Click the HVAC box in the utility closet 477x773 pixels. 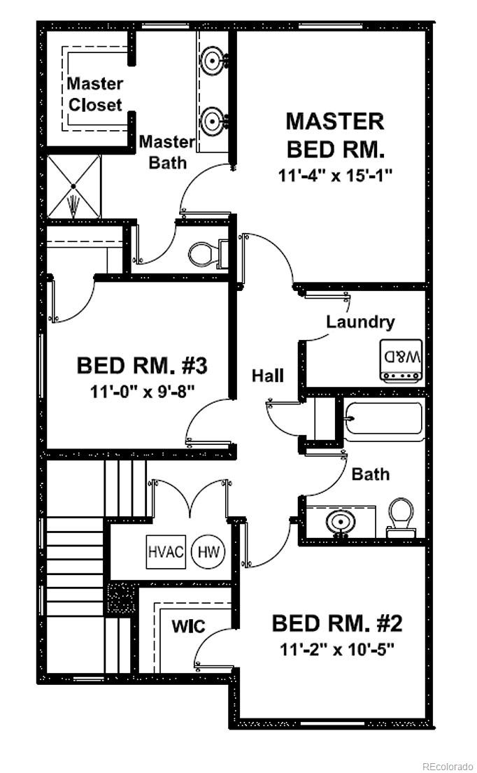tap(166, 551)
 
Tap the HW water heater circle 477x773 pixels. tap(208, 552)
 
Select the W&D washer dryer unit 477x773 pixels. tap(401, 360)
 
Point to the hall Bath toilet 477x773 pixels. tap(401, 517)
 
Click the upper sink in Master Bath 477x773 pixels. tap(213, 60)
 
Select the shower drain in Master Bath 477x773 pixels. tap(73, 186)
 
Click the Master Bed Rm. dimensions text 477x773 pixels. tap(335, 176)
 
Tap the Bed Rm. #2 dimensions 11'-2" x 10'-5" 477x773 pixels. tap(338, 649)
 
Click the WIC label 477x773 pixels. tap(188, 627)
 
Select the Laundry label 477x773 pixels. tap(360, 322)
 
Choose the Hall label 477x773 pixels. tap(268, 376)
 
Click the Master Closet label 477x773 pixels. tap(95, 94)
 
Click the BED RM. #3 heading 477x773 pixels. tap(142, 366)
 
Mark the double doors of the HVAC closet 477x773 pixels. tap(190, 499)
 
